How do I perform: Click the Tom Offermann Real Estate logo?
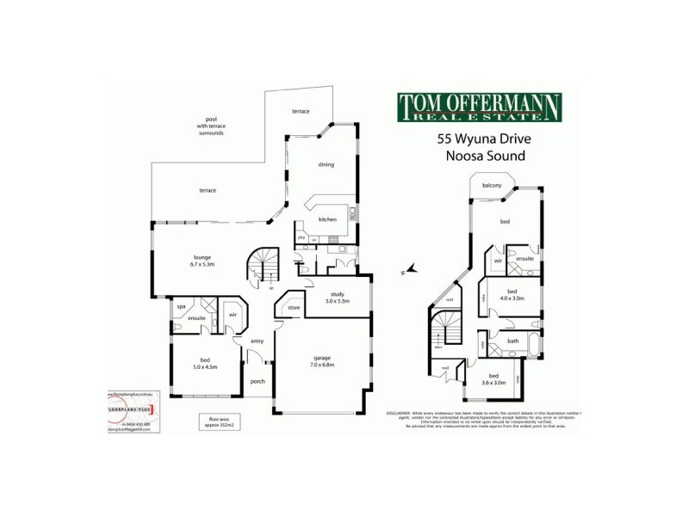pos(479,107)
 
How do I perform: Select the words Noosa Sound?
pos(485,157)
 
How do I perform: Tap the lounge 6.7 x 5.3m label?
pos(203,261)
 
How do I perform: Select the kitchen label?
pos(327,220)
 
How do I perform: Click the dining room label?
pos(326,164)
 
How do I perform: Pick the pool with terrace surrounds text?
pos(210,126)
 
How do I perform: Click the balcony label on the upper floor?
pos(492,184)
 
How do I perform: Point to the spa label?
pos(182,306)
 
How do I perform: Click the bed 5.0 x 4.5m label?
pos(204,364)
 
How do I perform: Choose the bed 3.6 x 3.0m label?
pos(493,379)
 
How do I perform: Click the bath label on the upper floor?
pos(512,341)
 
